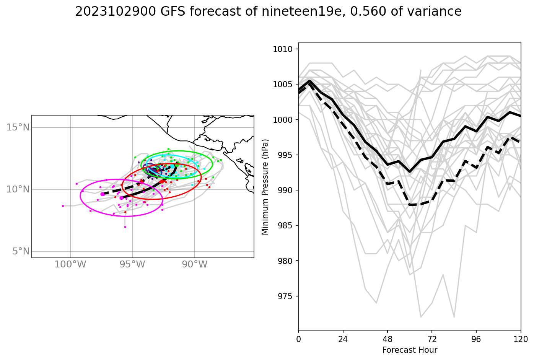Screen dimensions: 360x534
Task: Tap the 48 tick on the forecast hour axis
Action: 387,339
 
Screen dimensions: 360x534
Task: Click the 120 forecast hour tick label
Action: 521,339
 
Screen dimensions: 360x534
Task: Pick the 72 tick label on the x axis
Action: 432,339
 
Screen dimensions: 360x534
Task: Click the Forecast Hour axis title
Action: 409,350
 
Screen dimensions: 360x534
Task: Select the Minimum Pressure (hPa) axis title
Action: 265,187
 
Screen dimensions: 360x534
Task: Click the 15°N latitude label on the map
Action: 18,127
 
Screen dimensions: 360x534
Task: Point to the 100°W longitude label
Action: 70,264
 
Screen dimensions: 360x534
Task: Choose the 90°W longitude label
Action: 194,264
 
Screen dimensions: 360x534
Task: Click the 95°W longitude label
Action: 132,264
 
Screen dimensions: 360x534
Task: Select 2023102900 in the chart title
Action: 115,11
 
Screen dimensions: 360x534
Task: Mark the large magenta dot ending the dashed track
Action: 103,194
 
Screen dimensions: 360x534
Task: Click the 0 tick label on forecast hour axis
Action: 298,339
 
